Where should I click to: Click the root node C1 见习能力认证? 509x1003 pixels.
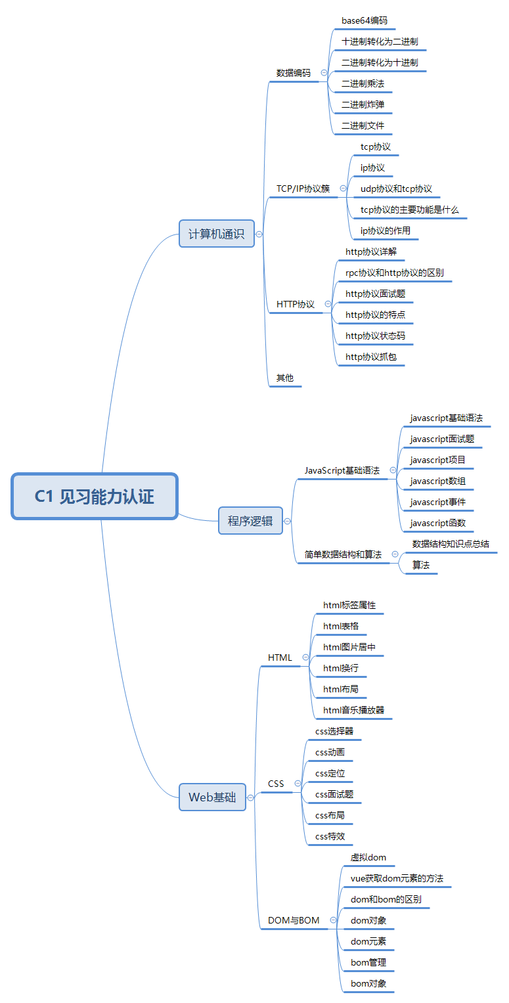pyautogui.click(x=95, y=497)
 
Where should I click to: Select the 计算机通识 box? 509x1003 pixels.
pyautogui.click(x=216, y=234)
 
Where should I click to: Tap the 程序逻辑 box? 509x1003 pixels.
pyautogui.click(x=250, y=521)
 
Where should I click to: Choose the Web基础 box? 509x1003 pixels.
pyautogui.click(x=212, y=797)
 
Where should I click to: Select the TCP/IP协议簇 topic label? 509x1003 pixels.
pyautogui.click(x=303, y=189)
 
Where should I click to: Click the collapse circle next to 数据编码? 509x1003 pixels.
pyautogui.click(x=324, y=73)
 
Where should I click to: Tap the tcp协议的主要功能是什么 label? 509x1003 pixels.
pyautogui.click(x=410, y=210)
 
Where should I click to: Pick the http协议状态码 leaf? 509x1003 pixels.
pyautogui.click(x=375, y=336)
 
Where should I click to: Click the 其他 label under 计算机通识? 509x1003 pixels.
pyautogui.click(x=285, y=378)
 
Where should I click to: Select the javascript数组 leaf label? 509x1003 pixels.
pyautogui.click(x=437, y=481)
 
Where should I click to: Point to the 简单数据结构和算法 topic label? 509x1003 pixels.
pyautogui.click(x=343, y=555)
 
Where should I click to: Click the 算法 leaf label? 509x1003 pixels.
pyautogui.click(x=421, y=566)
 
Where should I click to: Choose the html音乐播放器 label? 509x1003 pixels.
pyautogui.click(x=353, y=710)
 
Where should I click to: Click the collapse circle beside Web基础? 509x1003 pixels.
pyautogui.click(x=250, y=797)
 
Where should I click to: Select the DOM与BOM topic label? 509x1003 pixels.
pyautogui.click(x=294, y=921)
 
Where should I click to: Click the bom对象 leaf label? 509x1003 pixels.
pyautogui.click(x=368, y=984)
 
